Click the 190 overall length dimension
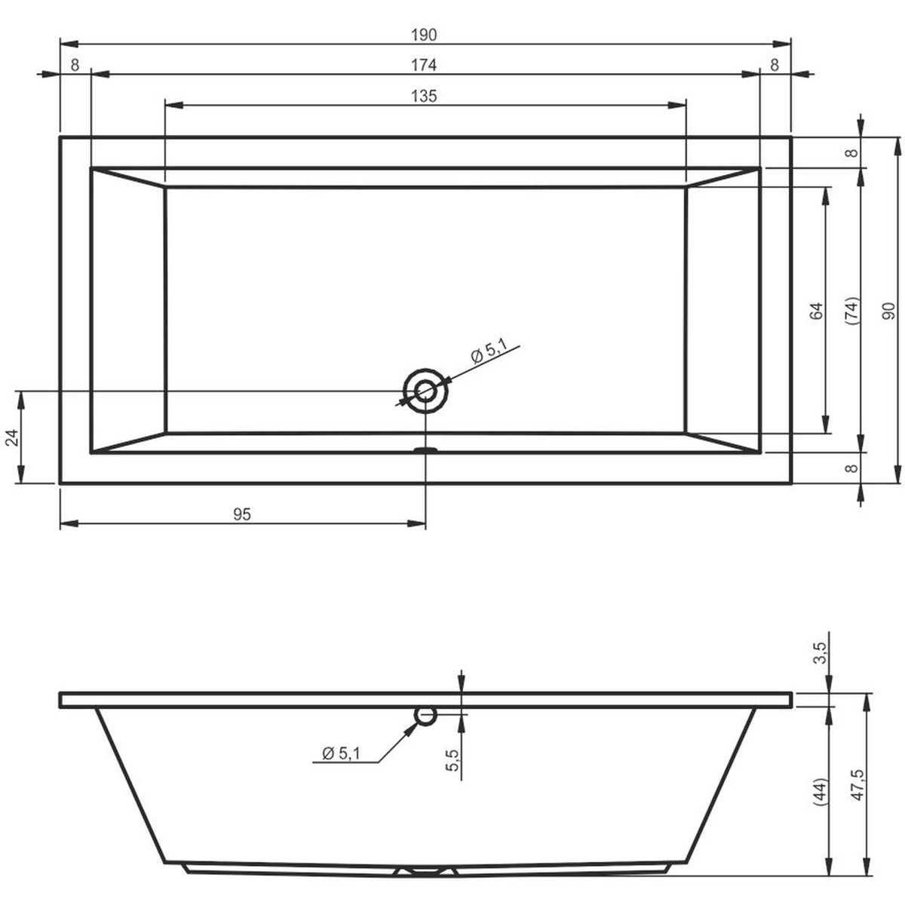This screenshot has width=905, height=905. coord(424,35)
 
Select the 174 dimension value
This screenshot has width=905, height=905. coord(424,65)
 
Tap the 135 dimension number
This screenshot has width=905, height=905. coord(424,96)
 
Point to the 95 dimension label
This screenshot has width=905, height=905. coord(242,514)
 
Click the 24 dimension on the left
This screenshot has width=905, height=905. coord(13,437)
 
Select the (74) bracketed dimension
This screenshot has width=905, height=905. coord(852,311)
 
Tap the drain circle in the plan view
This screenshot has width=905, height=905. coord(425,391)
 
